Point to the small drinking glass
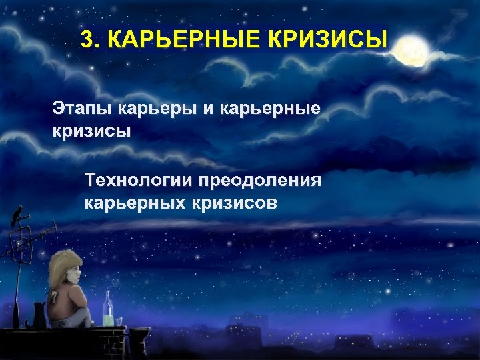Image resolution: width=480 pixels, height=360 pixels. [x=119, y=321]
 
